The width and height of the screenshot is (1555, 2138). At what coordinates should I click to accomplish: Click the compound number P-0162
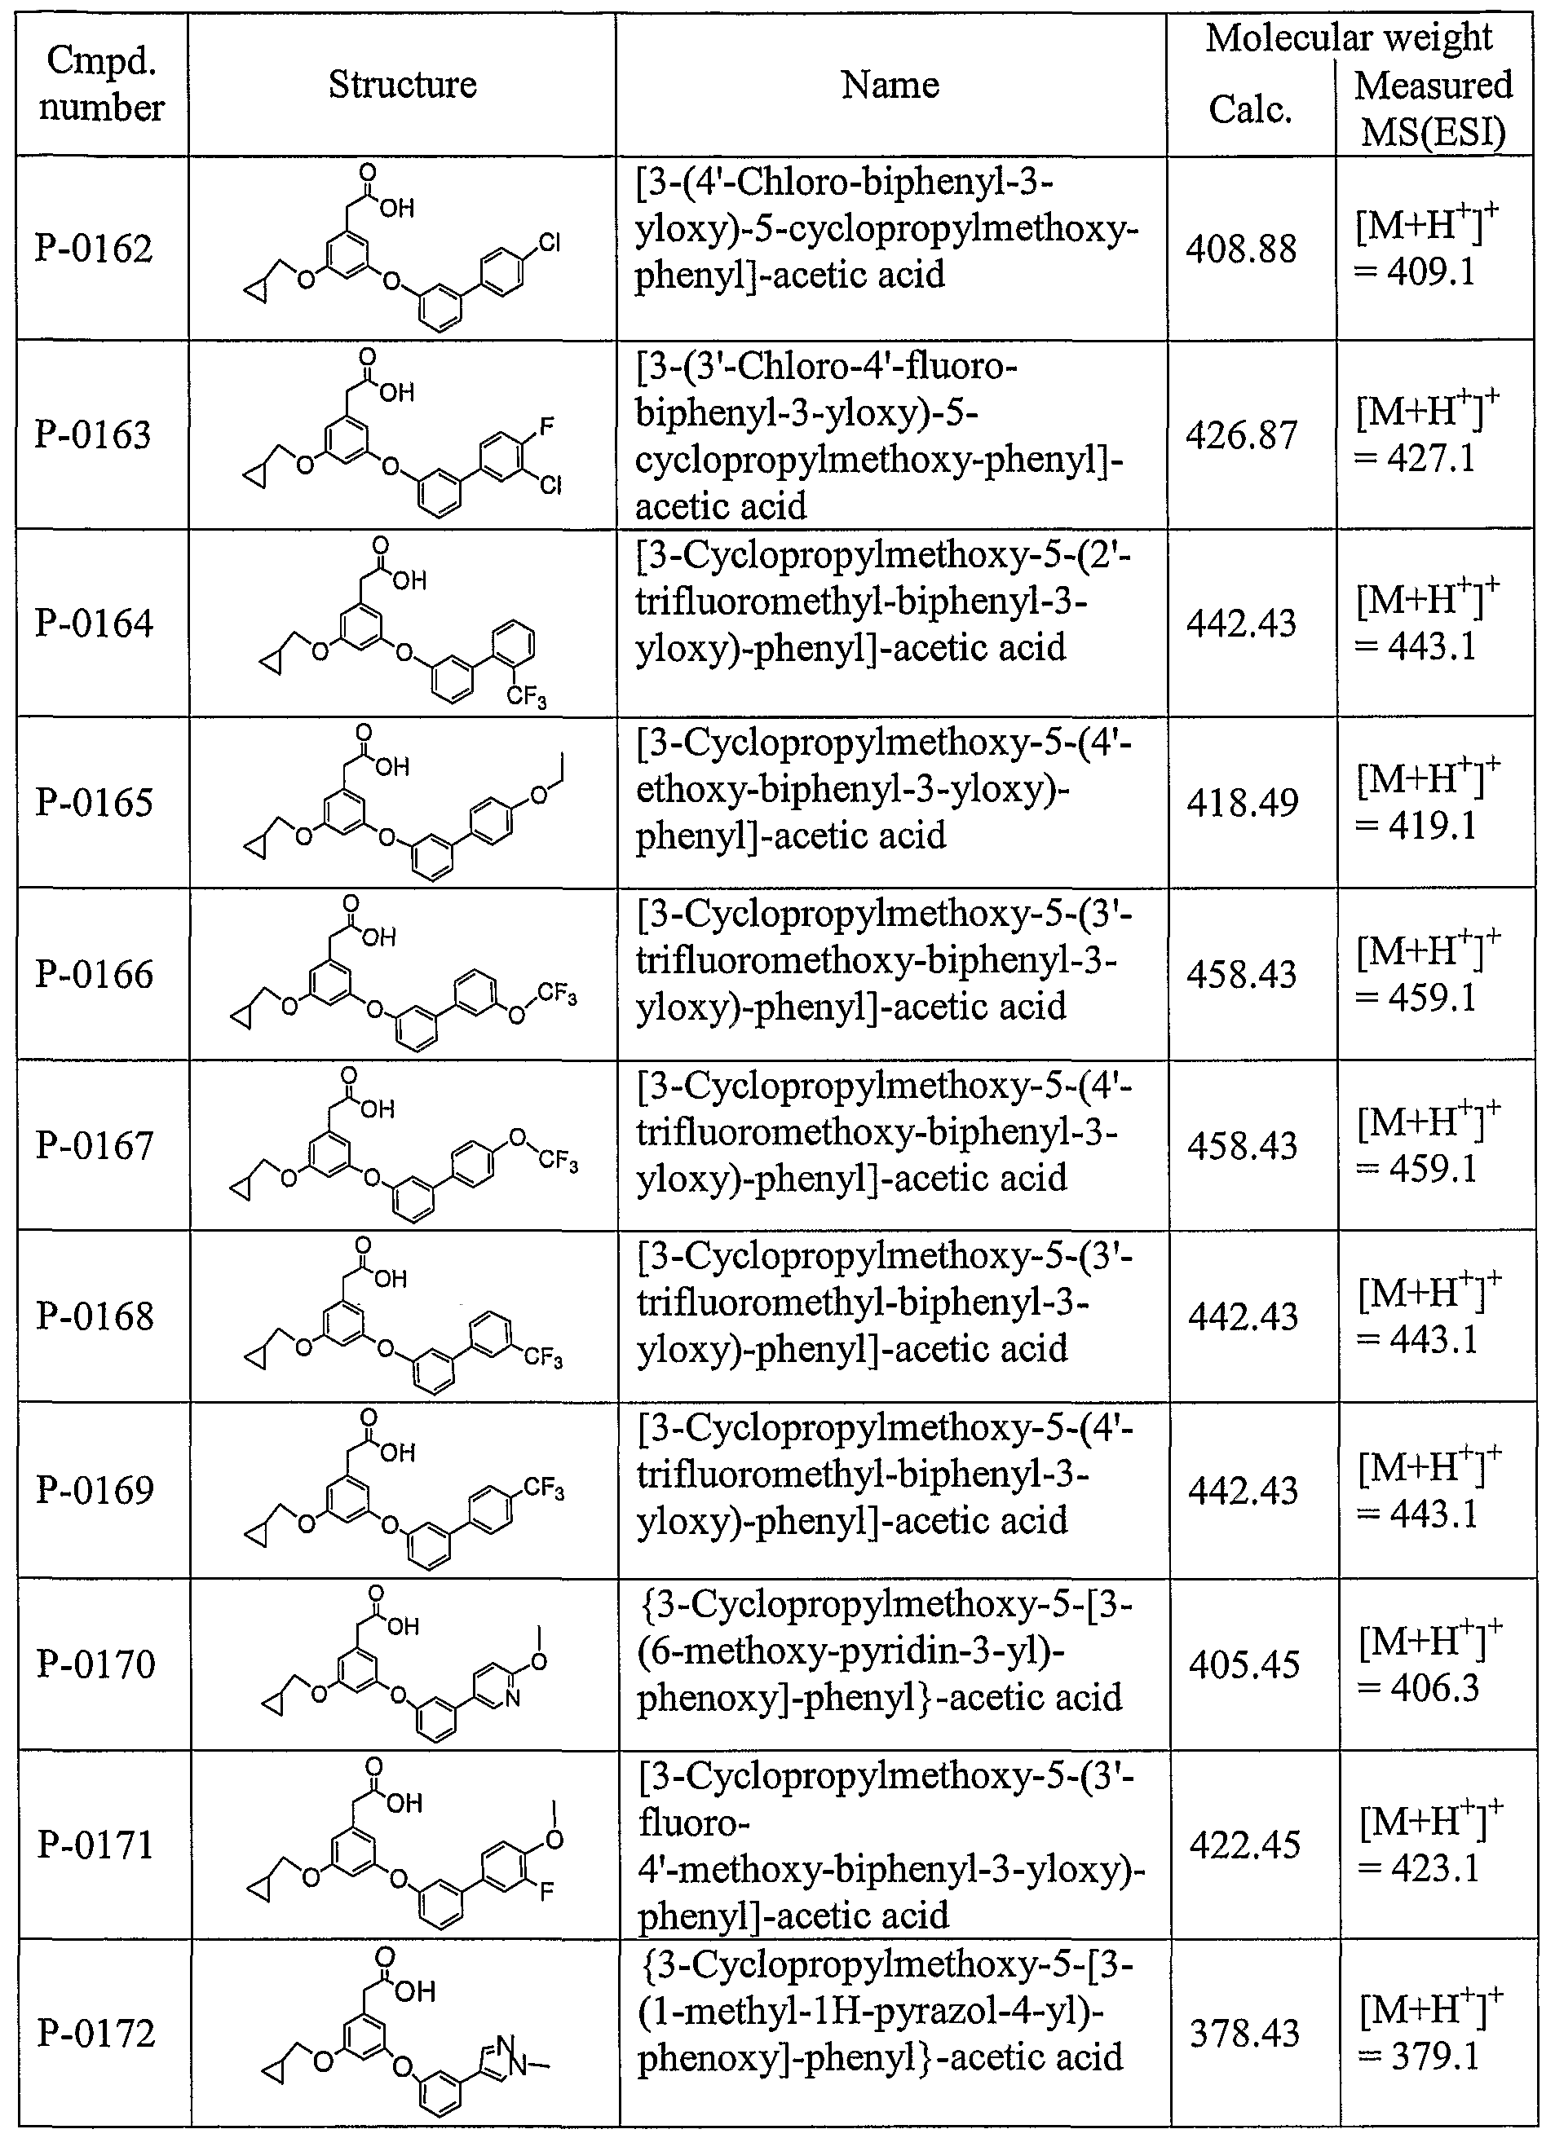point(95,249)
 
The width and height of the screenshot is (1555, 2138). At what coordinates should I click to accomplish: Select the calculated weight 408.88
point(1241,249)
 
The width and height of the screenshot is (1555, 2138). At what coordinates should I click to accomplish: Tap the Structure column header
point(403,85)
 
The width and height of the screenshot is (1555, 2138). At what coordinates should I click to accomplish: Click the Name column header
point(890,85)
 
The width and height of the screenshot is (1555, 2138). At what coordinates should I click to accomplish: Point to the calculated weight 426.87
point(1241,435)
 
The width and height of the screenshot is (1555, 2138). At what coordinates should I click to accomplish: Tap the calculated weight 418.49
point(1242,803)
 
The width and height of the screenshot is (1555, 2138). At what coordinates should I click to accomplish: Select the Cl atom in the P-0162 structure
point(549,245)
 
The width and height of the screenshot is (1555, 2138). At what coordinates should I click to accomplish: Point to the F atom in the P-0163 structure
point(547,427)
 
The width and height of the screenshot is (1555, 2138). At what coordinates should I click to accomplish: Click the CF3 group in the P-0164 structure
point(527,698)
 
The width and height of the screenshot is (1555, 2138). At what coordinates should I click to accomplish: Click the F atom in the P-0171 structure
point(547,1890)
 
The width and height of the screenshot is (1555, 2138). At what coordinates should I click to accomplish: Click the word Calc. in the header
point(1250,110)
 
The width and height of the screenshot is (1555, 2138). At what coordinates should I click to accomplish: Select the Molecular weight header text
point(1350,37)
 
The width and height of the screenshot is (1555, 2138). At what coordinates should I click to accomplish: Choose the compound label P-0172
point(96,2034)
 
